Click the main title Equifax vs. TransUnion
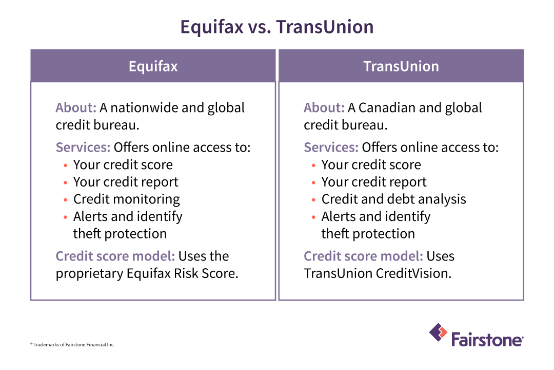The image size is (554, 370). (x=277, y=27)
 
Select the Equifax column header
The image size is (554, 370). (x=153, y=66)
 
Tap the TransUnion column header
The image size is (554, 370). (x=401, y=66)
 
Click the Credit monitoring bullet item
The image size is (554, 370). (x=126, y=199)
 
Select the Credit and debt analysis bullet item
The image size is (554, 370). (x=393, y=199)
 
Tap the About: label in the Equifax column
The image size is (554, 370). (x=76, y=108)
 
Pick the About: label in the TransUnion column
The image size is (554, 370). (x=324, y=108)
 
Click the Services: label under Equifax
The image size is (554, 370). (x=83, y=147)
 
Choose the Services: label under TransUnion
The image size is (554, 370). (x=331, y=147)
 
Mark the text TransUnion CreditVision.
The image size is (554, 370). (x=378, y=273)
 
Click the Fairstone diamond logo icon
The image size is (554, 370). (x=438, y=332)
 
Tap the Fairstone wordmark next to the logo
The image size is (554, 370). (x=487, y=340)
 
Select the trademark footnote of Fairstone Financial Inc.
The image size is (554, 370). (x=72, y=344)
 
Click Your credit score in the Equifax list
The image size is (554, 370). (x=123, y=165)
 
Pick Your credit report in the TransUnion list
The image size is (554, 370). (x=374, y=182)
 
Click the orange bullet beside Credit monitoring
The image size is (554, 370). (x=65, y=200)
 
